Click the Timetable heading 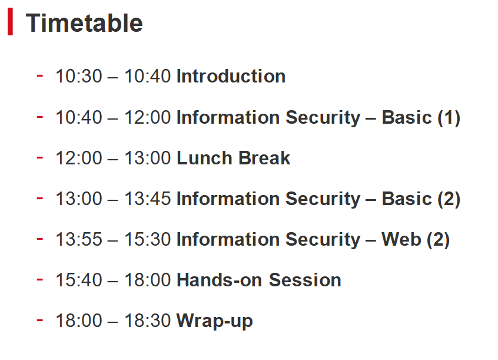pos(84,23)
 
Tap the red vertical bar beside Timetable pos(10,22)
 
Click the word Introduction pos(231,77)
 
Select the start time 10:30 pos(79,77)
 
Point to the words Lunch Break pos(233,158)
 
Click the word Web pos(401,239)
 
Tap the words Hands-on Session pos(258,280)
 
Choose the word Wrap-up pos(214,321)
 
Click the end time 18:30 pos(147,321)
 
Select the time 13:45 pos(147,199)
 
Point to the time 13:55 pos(79,239)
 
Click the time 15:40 pos(79,280)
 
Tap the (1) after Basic pos(449,118)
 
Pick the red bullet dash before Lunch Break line pos(39,157)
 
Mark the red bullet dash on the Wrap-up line pos(39,320)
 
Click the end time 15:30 pos(147,239)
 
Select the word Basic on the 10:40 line pos(407,117)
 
